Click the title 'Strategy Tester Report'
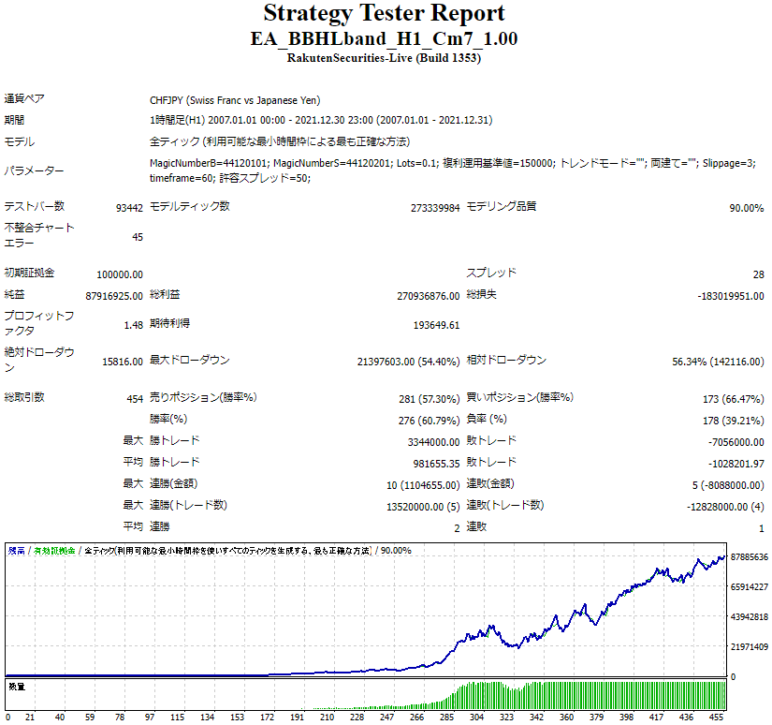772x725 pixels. tap(385, 14)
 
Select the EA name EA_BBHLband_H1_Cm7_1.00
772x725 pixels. tap(385, 39)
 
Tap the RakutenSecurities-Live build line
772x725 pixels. tap(385, 58)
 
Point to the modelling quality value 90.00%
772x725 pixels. tap(746, 208)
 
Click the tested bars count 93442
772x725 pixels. tap(129, 208)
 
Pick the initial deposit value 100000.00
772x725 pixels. tap(120, 274)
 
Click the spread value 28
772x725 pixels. tap(757, 274)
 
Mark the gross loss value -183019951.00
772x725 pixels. tap(731, 296)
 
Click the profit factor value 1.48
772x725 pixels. tap(133, 325)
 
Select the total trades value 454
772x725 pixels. tap(135, 399)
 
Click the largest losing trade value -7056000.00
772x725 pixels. tap(734, 442)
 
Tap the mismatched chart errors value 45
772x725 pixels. tap(137, 237)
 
